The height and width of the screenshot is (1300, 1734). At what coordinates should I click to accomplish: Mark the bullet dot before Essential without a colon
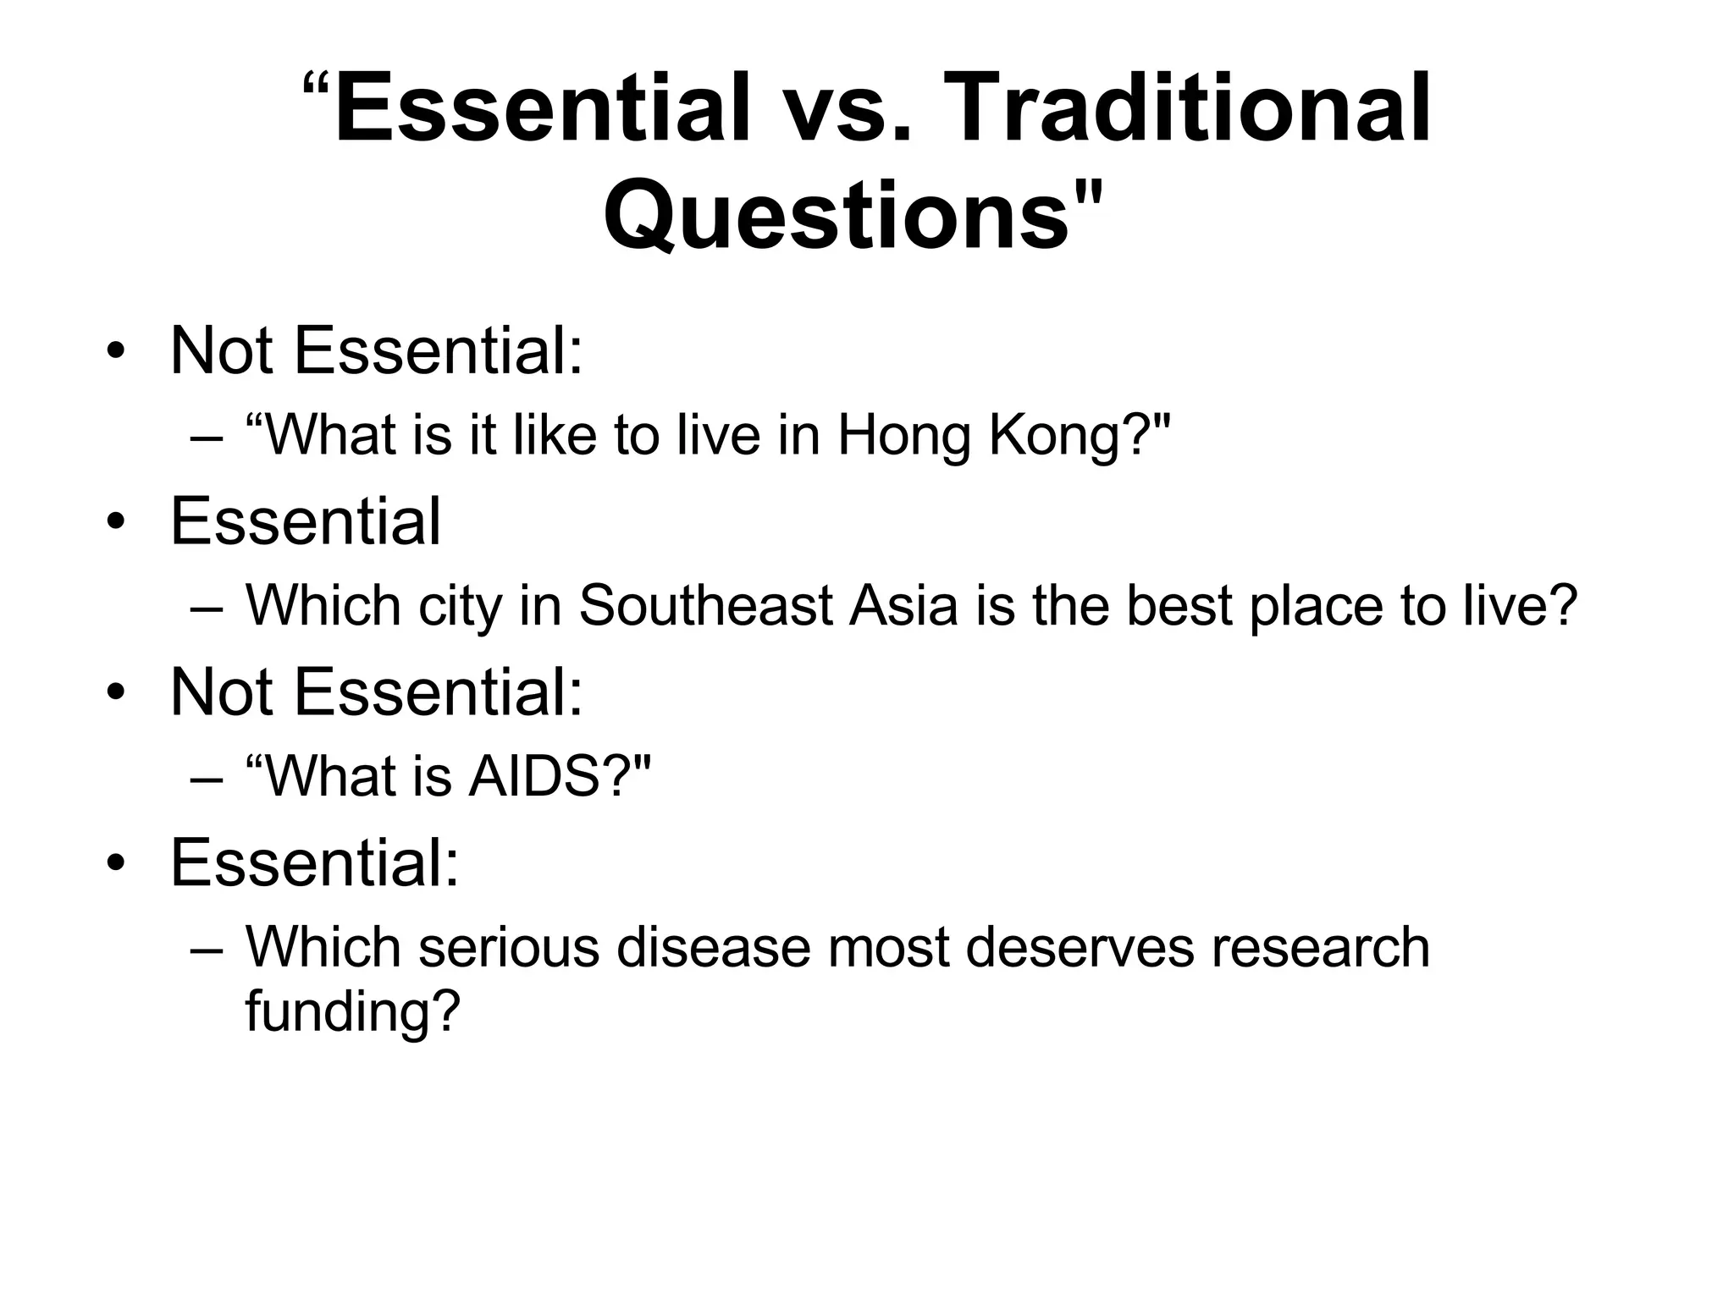coord(116,521)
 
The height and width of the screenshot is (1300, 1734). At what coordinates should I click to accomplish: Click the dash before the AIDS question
coord(207,777)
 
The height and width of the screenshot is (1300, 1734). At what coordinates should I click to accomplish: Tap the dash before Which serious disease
coord(207,948)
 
